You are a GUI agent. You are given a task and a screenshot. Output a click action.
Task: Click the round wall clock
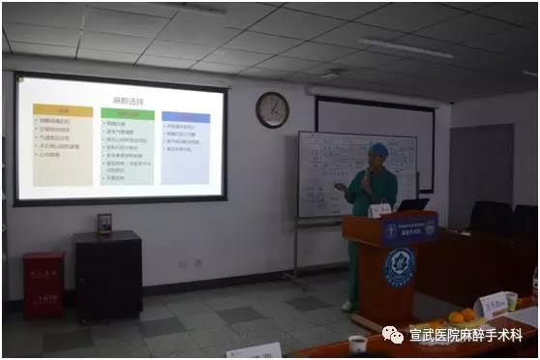[272, 109]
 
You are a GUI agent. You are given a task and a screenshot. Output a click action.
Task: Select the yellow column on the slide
[63, 145]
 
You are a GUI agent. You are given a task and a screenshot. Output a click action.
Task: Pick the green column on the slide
[128, 146]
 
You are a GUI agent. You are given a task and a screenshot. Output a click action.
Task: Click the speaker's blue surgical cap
[379, 150]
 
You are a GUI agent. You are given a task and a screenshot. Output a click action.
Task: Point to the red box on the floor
[43, 285]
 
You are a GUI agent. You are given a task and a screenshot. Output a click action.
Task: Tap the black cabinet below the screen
[107, 276]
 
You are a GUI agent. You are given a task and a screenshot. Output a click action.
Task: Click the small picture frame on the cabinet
[105, 224]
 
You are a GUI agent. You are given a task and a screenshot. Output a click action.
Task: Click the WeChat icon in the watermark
[393, 335]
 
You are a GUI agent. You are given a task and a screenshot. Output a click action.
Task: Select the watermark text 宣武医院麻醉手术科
[470, 335]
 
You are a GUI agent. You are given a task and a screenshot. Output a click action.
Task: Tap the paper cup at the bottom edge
[358, 344]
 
